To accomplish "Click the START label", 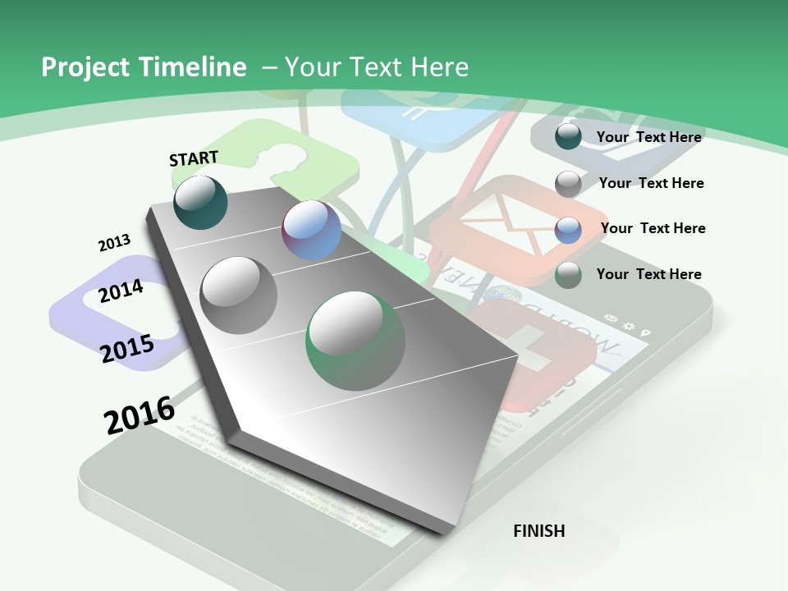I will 194,158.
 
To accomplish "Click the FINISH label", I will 538,531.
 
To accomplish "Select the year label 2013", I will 114,243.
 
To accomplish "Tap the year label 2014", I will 121,291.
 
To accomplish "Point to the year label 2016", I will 140,415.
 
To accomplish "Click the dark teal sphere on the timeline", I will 200,202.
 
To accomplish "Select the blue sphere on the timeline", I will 312,230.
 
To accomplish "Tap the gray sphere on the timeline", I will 239,295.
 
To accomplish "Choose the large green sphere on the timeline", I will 355,341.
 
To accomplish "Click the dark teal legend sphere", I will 568,136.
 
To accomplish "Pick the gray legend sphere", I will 568,183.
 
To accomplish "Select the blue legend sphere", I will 568,230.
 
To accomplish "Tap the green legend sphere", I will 568,275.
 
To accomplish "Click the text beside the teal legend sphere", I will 648,137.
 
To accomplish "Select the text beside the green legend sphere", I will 648,274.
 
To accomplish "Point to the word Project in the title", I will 85,67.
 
